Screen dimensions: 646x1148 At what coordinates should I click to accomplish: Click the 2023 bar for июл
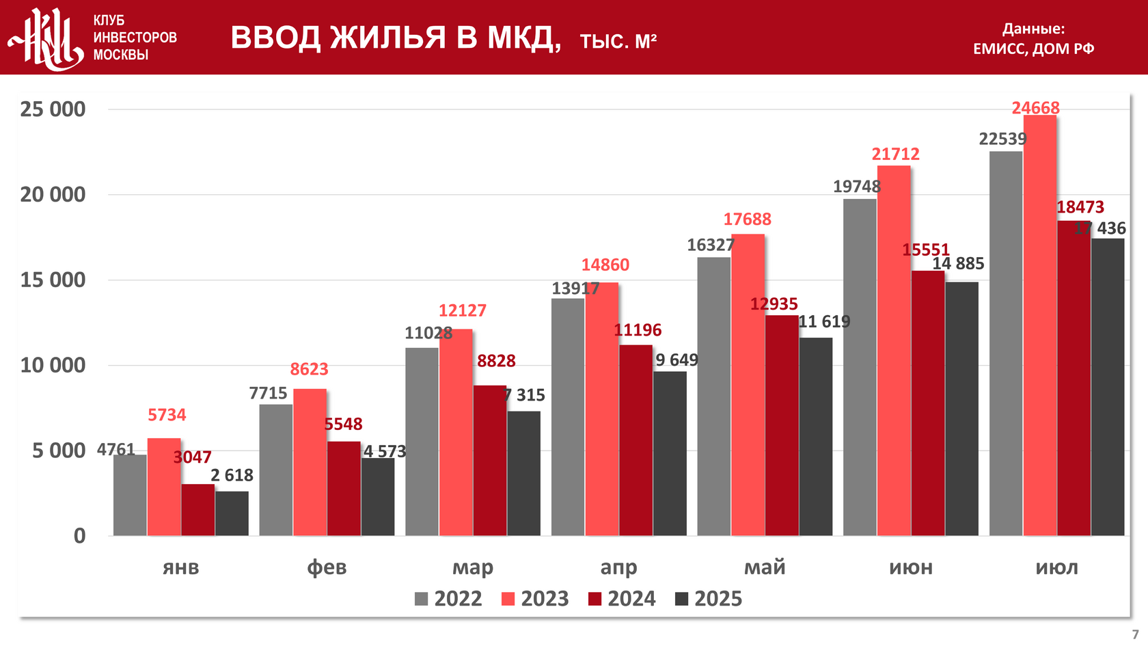(x=1040, y=325)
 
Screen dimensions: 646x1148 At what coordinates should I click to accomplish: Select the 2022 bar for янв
(x=130, y=495)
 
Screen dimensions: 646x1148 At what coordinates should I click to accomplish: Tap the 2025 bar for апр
(x=670, y=453)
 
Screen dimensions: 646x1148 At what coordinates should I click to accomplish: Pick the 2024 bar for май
(x=782, y=425)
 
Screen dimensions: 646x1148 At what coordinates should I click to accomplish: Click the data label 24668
(x=1035, y=108)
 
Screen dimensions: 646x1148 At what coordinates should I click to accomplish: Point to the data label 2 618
(x=232, y=475)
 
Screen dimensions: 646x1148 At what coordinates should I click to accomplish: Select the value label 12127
(x=463, y=310)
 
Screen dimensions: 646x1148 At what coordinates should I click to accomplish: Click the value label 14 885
(x=958, y=263)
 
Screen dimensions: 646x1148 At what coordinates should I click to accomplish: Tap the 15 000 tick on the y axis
(x=53, y=280)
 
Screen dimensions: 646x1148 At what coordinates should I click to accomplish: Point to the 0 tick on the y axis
(x=80, y=535)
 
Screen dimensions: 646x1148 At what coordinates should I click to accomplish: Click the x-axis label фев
(x=327, y=567)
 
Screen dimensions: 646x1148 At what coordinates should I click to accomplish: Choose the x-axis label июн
(x=911, y=567)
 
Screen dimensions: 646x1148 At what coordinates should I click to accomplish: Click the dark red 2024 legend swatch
(x=594, y=600)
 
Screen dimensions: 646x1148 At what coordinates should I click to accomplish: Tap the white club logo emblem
(x=46, y=38)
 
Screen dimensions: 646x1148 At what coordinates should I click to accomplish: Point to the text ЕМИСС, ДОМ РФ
(x=1033, y=49)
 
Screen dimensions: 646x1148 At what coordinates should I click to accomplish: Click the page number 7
(x=1135, y=634)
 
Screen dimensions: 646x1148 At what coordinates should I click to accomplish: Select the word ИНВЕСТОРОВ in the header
(x=135, y=38)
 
